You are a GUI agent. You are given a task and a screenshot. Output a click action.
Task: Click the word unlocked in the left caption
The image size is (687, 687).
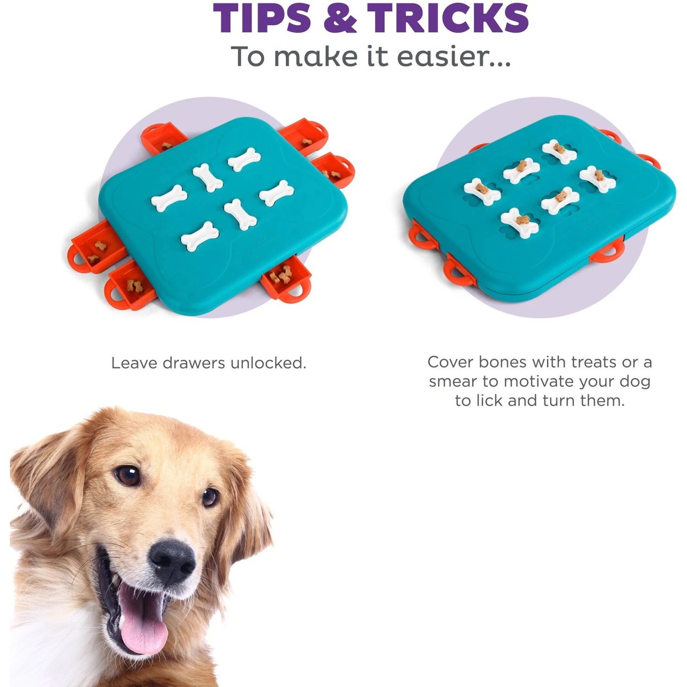tap(268, 363)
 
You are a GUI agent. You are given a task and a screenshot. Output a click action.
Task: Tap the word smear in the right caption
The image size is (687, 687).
tap(453, 382)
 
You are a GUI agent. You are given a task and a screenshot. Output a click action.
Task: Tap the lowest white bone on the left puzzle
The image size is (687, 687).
tap(200, 236)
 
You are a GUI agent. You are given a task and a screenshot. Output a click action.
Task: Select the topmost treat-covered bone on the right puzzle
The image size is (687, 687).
tap(559, 152)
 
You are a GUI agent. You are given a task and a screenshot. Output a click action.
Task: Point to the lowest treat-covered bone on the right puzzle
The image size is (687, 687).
tap(519, 223)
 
